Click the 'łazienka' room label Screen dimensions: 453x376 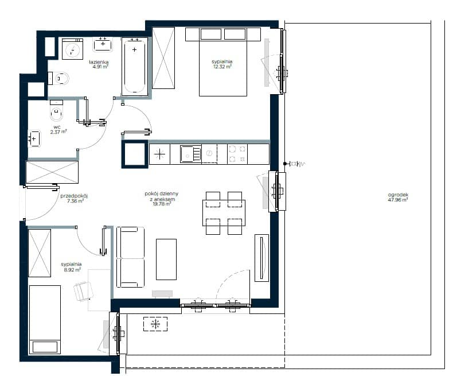coord(99,61)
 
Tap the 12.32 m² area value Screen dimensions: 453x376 coord(222,67)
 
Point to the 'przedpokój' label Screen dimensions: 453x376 coord(73,196)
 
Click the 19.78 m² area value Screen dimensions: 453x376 coord(162,204)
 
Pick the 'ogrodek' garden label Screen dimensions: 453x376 coord(398,195)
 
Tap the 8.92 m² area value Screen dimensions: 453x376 coord(72,270)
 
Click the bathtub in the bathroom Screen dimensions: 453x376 coord(135,67)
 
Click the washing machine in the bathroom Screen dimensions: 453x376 coord(72,49)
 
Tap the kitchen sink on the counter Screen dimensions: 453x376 coord(190,154)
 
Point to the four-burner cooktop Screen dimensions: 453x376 coord(237,154)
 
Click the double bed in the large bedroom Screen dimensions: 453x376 coord(223,62)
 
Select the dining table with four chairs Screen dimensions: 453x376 coord(224,213)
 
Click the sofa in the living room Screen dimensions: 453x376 coord(130,257)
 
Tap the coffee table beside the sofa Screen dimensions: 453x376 coord(166,259)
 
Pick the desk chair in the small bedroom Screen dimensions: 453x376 coord(84,292)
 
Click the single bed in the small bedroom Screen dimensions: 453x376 coord(45,320)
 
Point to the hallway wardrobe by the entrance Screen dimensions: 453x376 coord(52,172)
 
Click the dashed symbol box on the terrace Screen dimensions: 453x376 coord(155,324)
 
